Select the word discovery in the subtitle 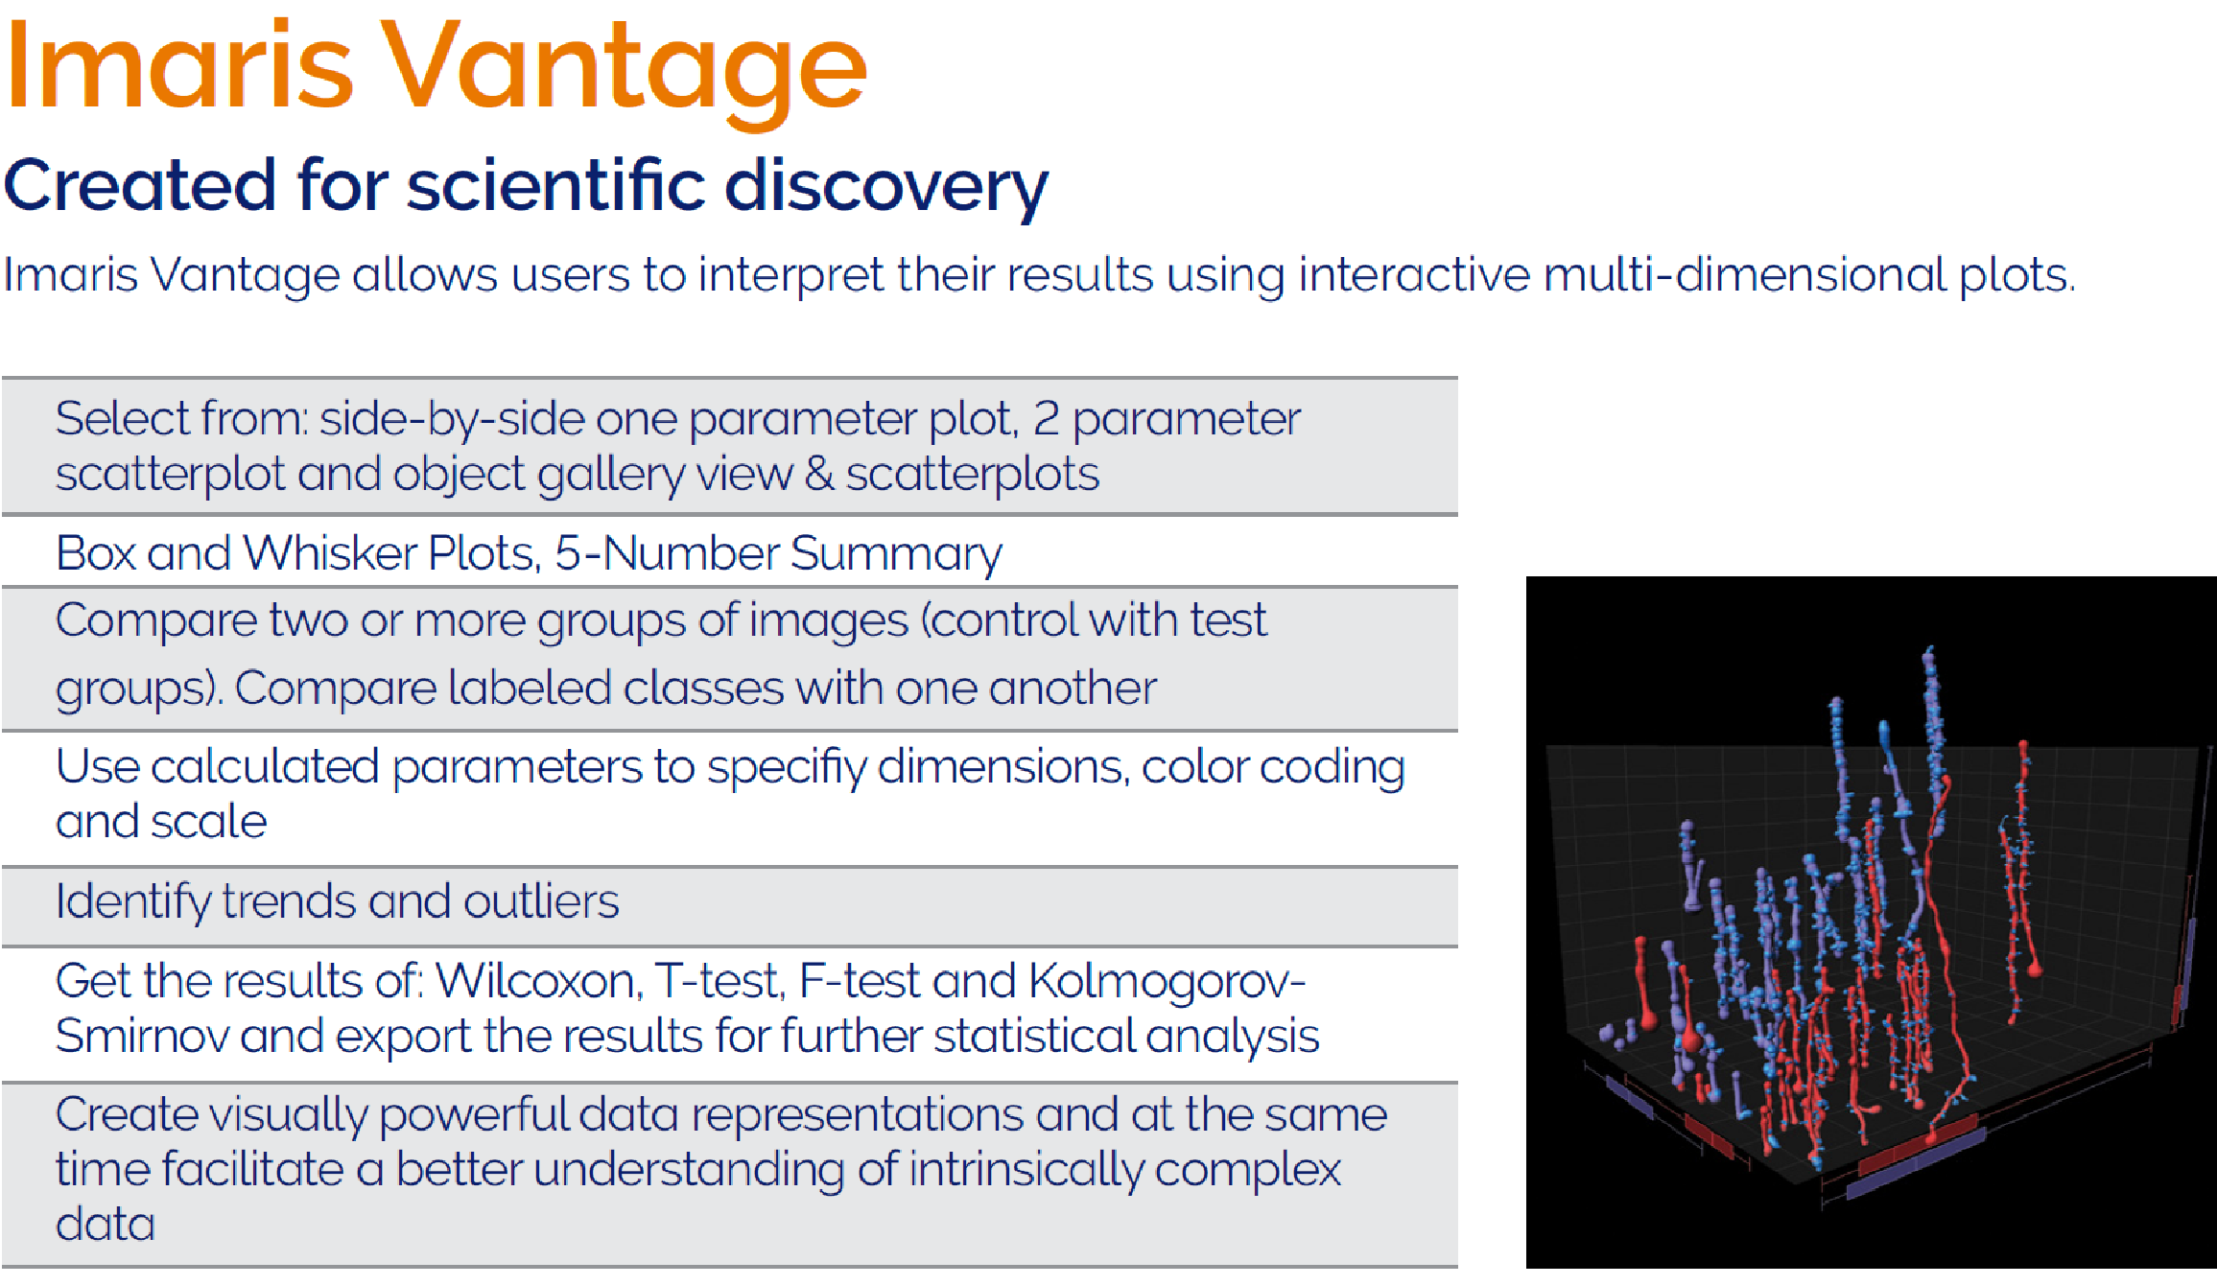pos(885,187)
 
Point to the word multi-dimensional pos(1744,274)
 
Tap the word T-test pos(717,981)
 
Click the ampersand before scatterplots pos(818,475)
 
